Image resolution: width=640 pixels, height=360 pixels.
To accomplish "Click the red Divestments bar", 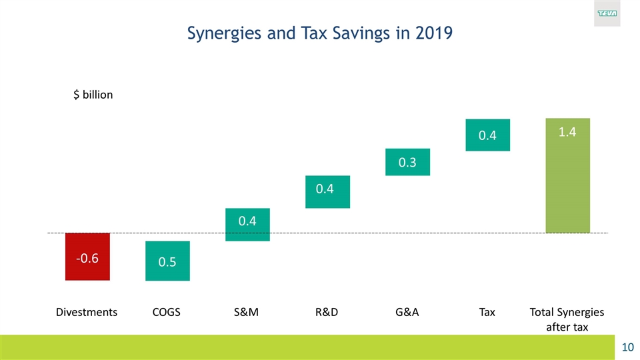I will [x=87, y=257].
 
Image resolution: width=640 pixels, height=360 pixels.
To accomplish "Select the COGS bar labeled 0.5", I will [x=167, y=261].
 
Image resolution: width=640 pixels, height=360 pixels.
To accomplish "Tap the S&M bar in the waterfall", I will [x=247, y=225].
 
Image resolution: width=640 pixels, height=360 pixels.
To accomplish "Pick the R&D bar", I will [x=327, y=192].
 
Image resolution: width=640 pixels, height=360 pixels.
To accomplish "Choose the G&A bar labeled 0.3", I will [x=407, y=162].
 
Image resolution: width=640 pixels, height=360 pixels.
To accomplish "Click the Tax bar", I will [x=487, y=135].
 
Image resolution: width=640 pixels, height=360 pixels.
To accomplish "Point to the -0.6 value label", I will [x=87, y=258].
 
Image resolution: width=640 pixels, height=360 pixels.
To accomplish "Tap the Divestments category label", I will [x=87, y=312].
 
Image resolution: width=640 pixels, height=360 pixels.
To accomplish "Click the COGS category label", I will [x=167, y=312].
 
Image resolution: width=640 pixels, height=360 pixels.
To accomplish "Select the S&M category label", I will [x=247, y=312].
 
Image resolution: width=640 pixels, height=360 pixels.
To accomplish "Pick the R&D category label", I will [x=327, y=312].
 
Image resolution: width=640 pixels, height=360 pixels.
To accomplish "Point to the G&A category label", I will [x=407, y=312].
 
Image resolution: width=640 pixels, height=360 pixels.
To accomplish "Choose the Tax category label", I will [x=487, y=312].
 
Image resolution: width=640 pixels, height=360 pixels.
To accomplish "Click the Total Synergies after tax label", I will [x=567, y=319].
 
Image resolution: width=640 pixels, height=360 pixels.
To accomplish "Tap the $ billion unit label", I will [x=93, y=95].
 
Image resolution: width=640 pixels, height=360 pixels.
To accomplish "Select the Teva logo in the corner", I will [x=607, y=13].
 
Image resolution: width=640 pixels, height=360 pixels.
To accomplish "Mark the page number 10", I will [x=627, y=347].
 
